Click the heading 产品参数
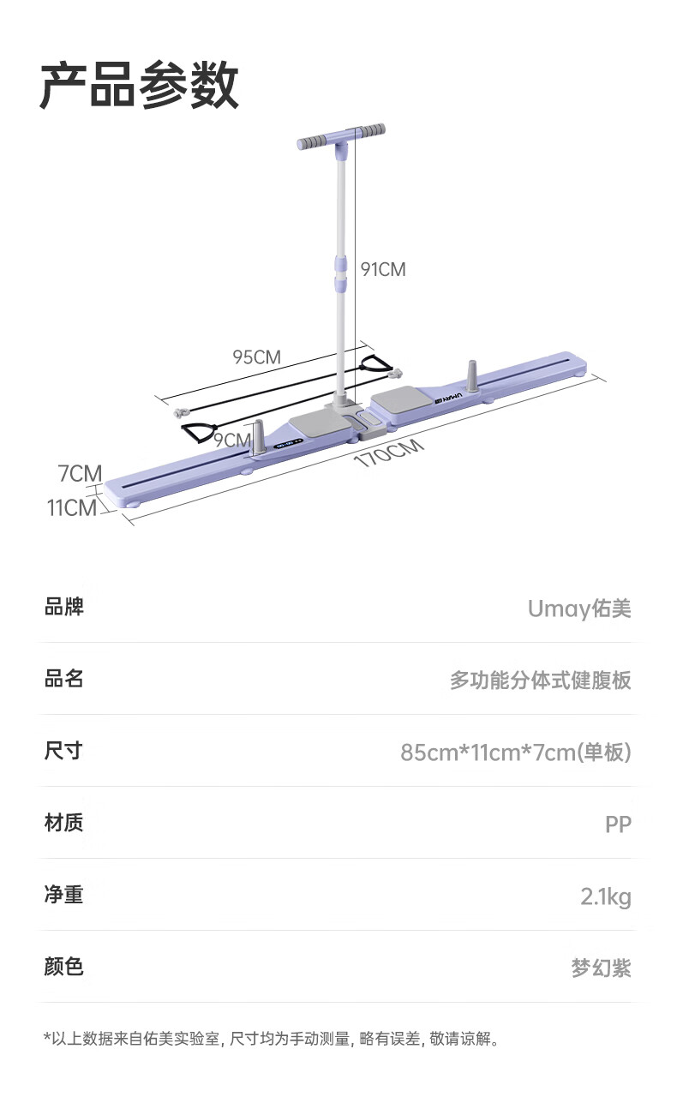pyautogui.click(x=140, y=85)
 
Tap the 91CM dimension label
pyautogui.click(x=382, y=269)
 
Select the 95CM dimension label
pyautogui.click(x=256, y=357)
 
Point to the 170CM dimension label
pyautogui.click(x=389, y=453)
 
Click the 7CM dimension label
pyautogui.click(x=80, y=473)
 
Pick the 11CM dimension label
pyautogui.click(x=72, y=507)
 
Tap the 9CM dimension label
pyautogui.click(x=231, y=441)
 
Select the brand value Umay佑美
pyautogui.click(x=579, y=608)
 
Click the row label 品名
pyautogui.click(x=63, y=679)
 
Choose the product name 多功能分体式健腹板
pyautogui.click(x=541, y=680)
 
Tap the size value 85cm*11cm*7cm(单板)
pyautogui.click(x=516, y=752)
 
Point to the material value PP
pyautogui.click(x=618, y=824)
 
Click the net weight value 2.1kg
pyautogui.click(x=606, y=896)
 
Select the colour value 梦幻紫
pyautogui.click(x=602, y=968)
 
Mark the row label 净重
pyautogui.click(x=63, y=895)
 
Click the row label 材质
pyautogui.click(x=63, y=823)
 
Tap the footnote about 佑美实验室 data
pyautogui.click(x=271, y=1040)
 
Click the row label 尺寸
pyautogui.click(x=63, y=751)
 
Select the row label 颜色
pyautogui.click(x=63, y=967)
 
